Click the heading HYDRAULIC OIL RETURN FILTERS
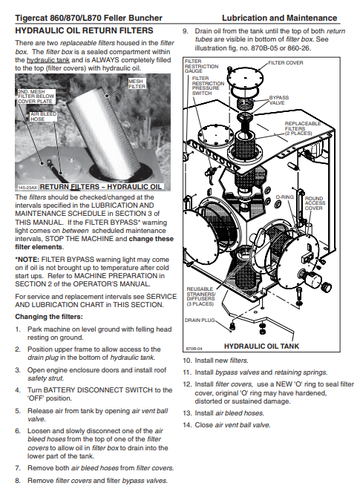click(85, 30)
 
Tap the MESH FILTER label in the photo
click(137, 84)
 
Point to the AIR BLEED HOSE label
click(43, 116)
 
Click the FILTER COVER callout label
click(286, 63)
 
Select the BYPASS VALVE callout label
click(278, 100)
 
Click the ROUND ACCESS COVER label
click(315, 203)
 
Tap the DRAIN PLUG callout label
click(200, 320)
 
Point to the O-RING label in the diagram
click(285, 197)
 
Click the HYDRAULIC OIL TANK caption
click(262, 346)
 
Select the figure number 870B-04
click(194, 349)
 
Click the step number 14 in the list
click(187, 425)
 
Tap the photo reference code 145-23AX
click(27, 188)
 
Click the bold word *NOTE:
click(27, 260)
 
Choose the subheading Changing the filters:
click(49, 317)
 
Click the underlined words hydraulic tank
click(48, 60)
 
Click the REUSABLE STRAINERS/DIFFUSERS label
click(201, 297)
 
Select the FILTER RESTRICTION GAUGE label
click(201, 66)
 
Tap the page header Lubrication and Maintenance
click(280, 18)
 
